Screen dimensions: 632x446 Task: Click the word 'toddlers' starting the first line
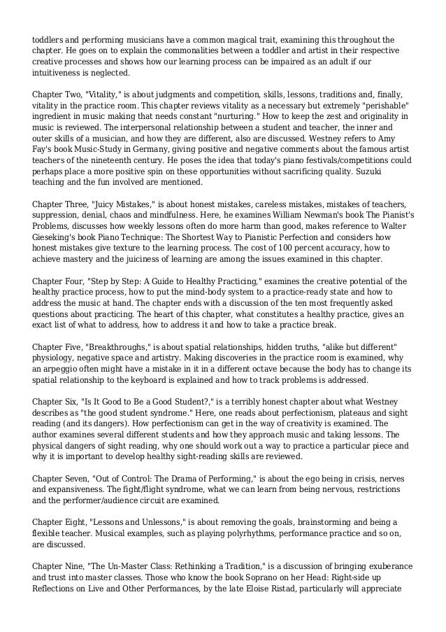coord(49,39)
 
